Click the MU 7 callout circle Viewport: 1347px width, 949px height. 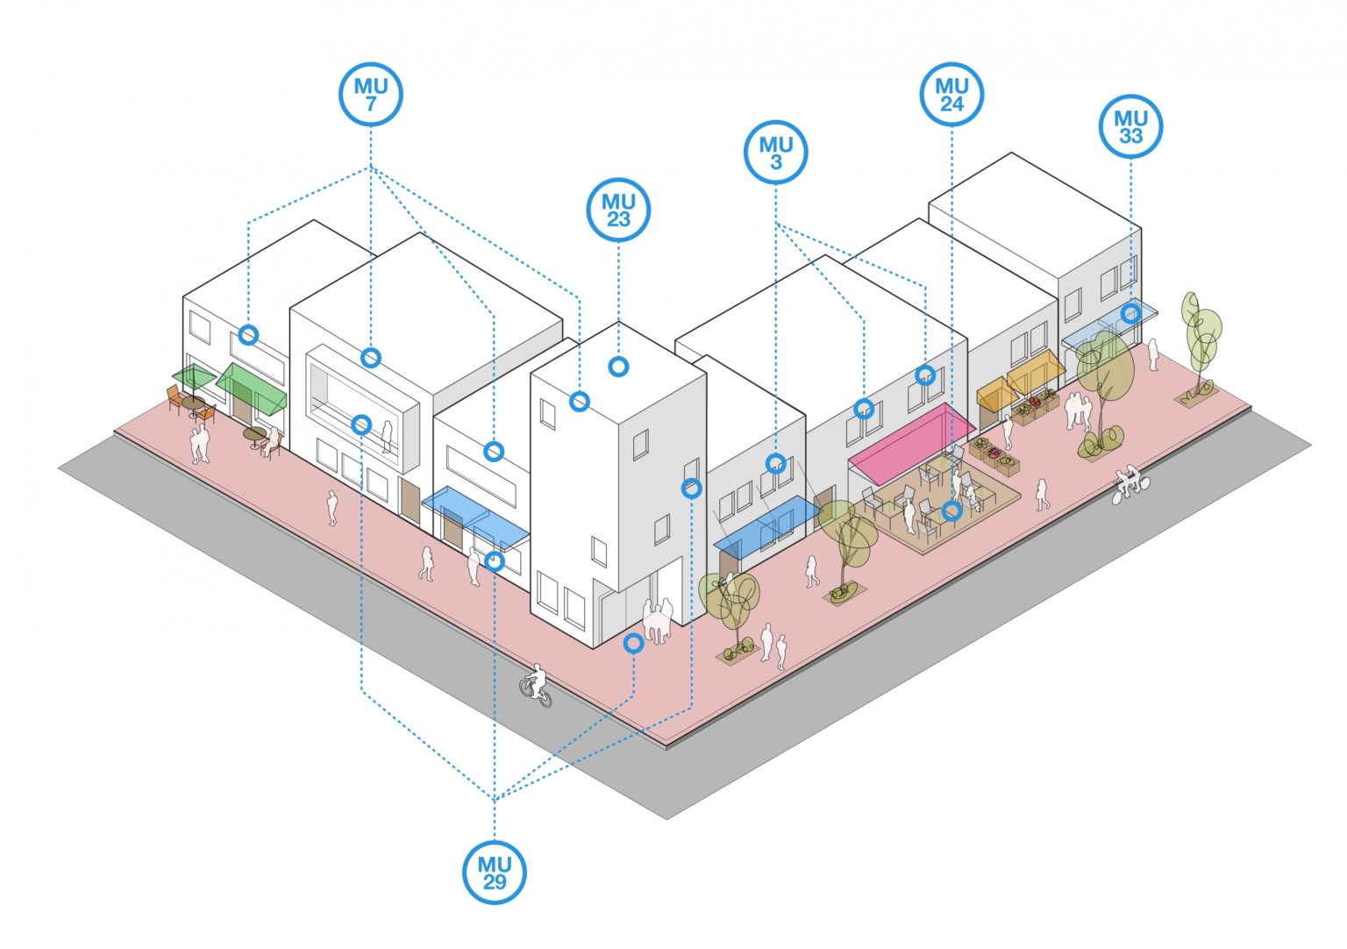click(x=371, y=95)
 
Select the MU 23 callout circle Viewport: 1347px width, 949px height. click(x=618, y=210)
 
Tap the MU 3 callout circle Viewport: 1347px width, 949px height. click(x=776, y=152)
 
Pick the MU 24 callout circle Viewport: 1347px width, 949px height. click(x=951, y=95)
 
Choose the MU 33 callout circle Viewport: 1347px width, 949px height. click(x=1130, y=126)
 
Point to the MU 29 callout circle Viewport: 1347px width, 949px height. click(x=495, y=872)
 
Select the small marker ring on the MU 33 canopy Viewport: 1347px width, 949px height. click(x=1130, y=313)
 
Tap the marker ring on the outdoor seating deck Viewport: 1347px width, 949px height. click(x=951, y=510)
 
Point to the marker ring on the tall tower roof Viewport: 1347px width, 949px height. click(x=618, y=367)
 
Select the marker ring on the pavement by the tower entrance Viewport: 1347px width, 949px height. click(x=633, y=644)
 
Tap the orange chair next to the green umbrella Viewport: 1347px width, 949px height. click(x=175, y=400)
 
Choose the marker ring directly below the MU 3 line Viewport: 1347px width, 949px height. click(x=775, y=463)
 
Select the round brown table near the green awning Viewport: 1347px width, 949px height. click(x=253, y=433)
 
